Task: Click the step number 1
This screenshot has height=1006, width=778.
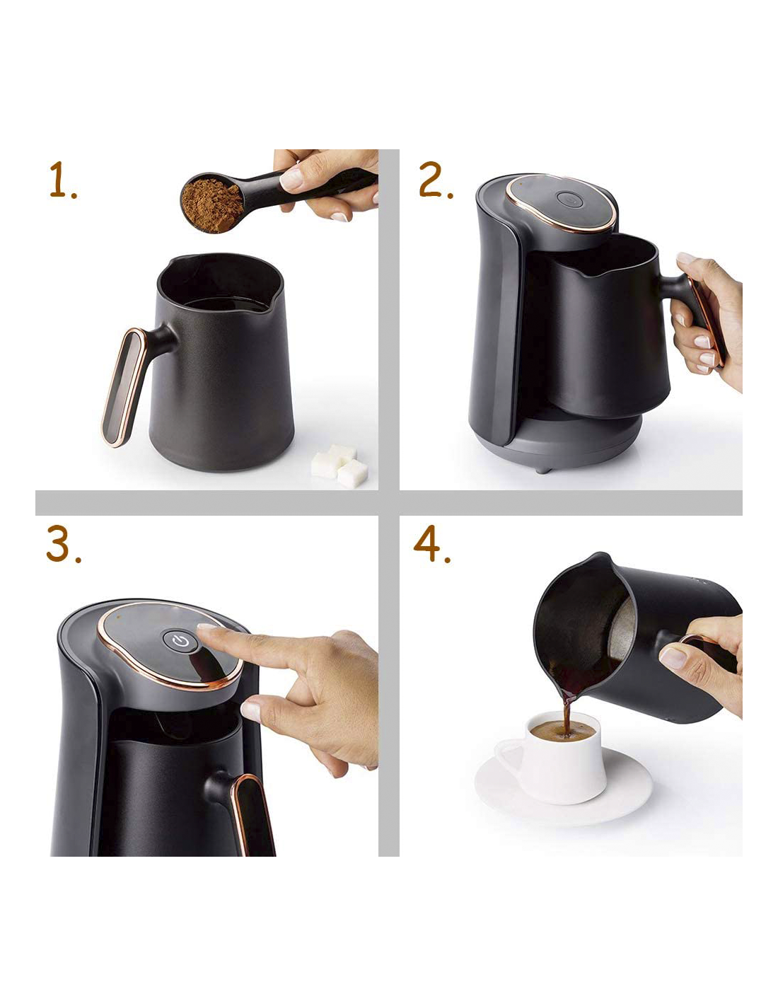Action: click(x=62, y=180)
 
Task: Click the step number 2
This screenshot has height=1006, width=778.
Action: click(x=435, y=180)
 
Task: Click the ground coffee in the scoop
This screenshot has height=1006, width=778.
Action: click(x=211, y=205)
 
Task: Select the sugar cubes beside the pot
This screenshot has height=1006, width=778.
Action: click(x=339, y=466)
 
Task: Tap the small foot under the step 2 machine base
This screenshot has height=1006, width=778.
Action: click(x=543, y=470)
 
